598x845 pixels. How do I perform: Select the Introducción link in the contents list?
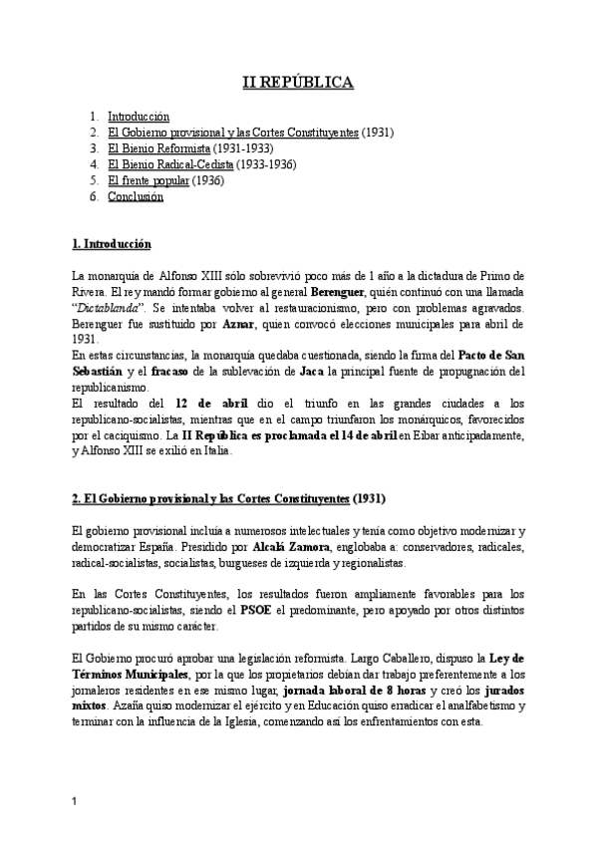(139, 117)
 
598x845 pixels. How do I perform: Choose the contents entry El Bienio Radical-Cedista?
(170, 164)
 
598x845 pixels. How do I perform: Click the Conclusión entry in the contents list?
(136, 196)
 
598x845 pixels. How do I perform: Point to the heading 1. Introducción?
(112, 243)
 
